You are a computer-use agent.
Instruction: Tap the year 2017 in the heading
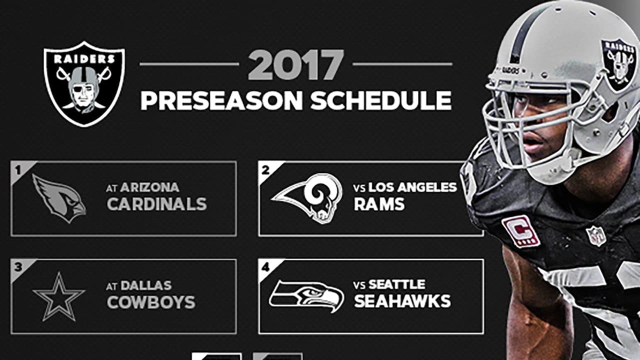click(x=296, y=65)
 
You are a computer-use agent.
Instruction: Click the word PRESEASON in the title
click(x=221, y=100)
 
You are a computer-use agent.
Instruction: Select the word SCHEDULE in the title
click(x=381, y=100)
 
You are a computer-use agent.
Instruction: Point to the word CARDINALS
click(x=156, y=204)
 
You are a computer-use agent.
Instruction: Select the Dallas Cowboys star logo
click(x=59, y=296)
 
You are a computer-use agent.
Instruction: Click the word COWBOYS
click(x=150, y=302)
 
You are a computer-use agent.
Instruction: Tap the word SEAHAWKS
click(x=402, y=301)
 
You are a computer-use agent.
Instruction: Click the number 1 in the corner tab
click(x=18, y=169)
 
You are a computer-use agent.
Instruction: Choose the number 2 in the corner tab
click(x=265, y=169)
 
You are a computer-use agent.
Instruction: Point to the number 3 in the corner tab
click(x=18, y=267)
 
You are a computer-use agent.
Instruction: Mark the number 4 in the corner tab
click(x=265, y=267)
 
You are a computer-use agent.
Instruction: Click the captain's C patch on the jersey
click(x=521, y=231)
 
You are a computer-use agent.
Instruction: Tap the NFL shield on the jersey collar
click(x=595, y=235)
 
